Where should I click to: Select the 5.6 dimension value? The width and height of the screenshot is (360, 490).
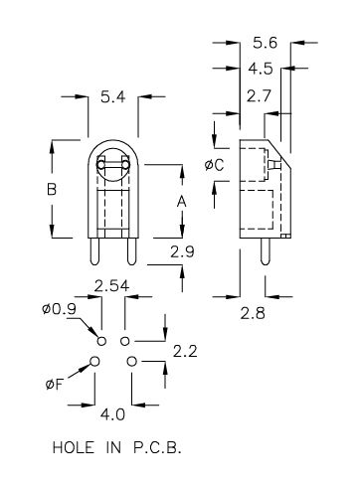(265, 43)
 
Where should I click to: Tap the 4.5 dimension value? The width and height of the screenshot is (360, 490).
(261, 69)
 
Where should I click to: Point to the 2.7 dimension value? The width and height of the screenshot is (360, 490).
(259, 96)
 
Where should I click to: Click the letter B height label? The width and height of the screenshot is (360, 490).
(52, 189)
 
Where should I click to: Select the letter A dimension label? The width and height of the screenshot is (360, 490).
(181, 201)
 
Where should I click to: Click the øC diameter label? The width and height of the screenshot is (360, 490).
(214, 165)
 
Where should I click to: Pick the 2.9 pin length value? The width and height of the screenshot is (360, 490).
(182, 252)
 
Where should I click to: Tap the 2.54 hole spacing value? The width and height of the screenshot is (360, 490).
(111, 286)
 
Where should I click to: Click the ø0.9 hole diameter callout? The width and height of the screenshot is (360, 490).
(59, 309)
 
